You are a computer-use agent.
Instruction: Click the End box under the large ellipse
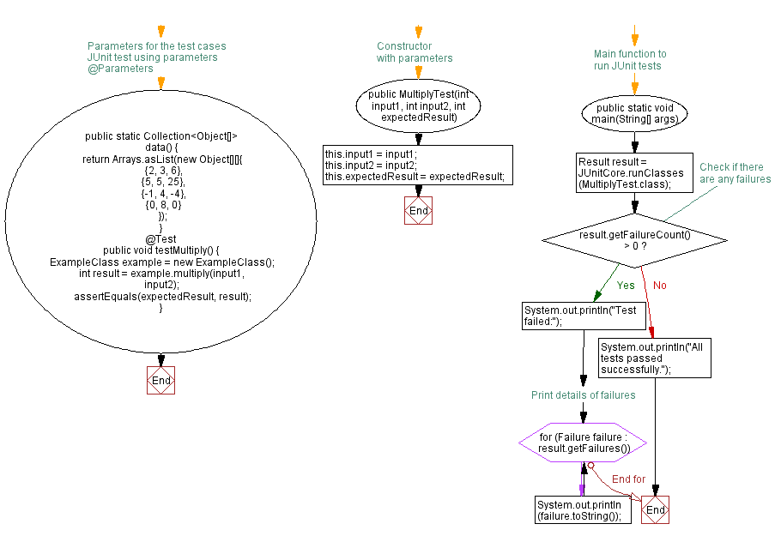pos(160,380)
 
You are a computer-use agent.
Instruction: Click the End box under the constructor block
pos(418,210)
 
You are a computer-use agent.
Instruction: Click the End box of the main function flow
pos(655,509)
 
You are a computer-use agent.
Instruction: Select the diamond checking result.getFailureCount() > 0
pos(635,239)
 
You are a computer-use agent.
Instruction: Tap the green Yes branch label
pos(626,285)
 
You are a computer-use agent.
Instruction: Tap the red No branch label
pos(660,285)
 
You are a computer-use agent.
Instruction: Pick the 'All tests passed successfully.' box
pos(655,357)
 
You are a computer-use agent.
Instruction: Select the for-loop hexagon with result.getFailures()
pos(583,443)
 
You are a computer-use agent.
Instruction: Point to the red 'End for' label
pos(627,479)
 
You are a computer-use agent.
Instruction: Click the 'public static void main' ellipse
pos(635,114)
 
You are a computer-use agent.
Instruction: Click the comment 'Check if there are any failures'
pos(735,173)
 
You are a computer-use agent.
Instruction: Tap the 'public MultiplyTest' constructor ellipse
pos(418,105)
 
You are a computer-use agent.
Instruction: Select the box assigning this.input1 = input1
pos(418,165)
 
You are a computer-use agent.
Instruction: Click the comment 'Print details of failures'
pos(583,395)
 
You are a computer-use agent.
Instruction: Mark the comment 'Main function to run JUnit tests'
pos(629,59)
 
